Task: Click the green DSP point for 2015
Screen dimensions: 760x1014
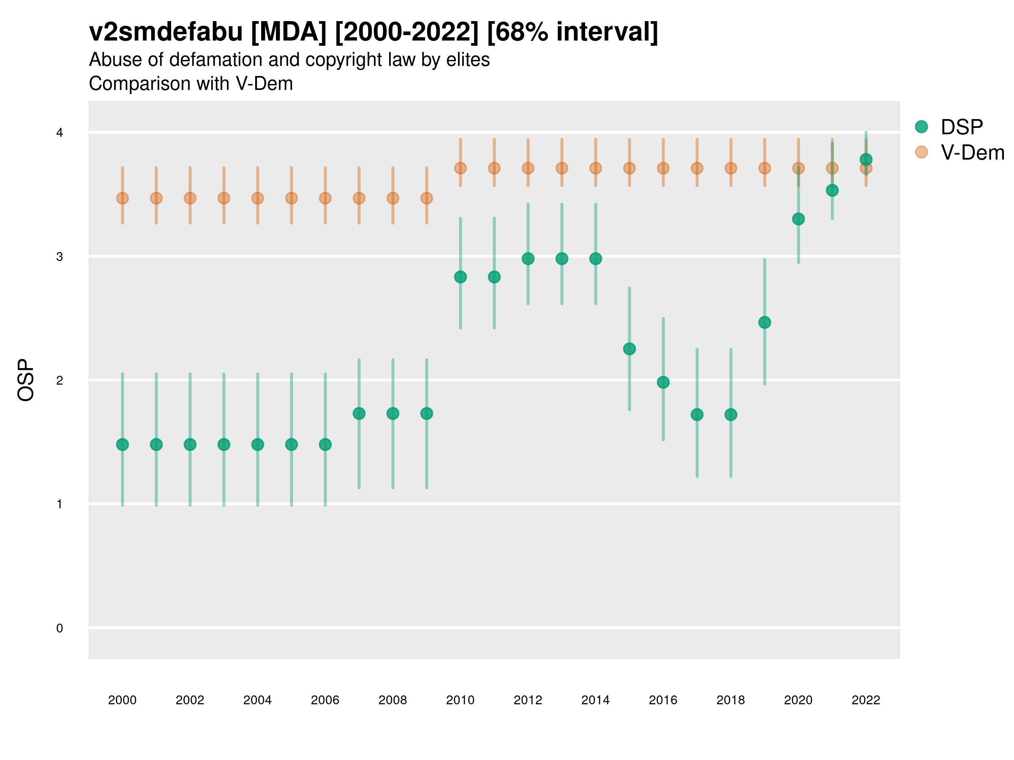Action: pyautogui.click(x=630, y=349)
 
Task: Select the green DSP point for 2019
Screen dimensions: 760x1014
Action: pyautogui.click(x=765, y=323)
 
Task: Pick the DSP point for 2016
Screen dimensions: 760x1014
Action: pyautogui.click(x=663, y=382)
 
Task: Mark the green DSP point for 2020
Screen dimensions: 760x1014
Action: pyautogui.click(x=799, y=219)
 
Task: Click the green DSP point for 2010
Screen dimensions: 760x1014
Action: pyautogui.click(x=461, y=277)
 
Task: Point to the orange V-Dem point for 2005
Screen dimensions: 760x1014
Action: pyautogui.click(x=292, y=198)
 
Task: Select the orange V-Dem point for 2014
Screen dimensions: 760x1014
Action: pyautogui.click(x=595, y=168)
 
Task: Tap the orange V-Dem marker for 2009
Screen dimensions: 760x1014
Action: pyautogui.click(x=427, y=198)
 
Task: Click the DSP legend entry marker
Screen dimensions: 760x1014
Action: pyautogui.click(x=921, y=127)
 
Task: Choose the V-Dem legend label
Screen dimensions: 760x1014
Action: pyautogui.click(x=972, y=152)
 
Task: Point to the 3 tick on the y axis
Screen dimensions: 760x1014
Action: pyautogui.click(x=60, y=257)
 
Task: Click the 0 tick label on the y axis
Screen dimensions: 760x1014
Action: pyautogui.click(x=60, y=628)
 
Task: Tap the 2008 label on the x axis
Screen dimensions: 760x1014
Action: pyautogui.click(x=393, y=700)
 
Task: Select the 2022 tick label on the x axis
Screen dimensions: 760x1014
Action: pyautogui.click(x=866, y=700)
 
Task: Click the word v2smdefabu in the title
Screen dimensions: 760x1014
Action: pyautogui.click(x=166, y=32)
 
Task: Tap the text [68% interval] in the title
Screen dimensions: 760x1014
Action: pyautogui.click(x=572, y=32)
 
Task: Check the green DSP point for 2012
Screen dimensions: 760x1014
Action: pyautogui.click(x=528, y=259)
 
